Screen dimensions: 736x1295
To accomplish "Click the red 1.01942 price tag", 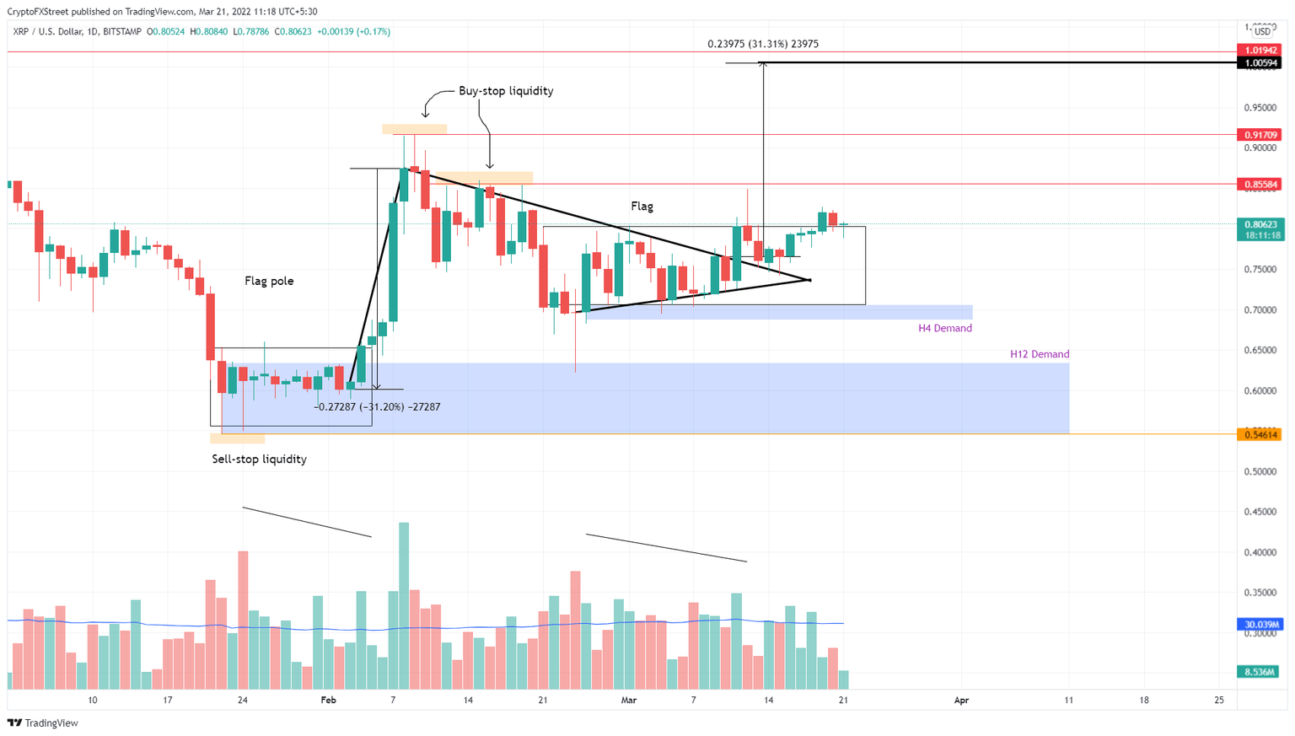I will tap(1259, 51).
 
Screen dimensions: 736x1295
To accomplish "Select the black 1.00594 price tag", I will tap(1259, 63).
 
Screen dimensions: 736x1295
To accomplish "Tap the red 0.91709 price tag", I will tap(1259, 135).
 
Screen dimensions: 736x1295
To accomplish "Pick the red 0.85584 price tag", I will tap(1259, 185).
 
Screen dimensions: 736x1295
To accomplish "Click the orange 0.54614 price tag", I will tap(1259, 435).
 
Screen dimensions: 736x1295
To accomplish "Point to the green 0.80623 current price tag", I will tap(1259, 225).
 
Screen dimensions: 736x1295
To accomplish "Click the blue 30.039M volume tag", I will tap(1259, 625).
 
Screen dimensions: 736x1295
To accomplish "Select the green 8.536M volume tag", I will tap(1259, 672).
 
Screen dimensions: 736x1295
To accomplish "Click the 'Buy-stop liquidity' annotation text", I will tap(506, 91).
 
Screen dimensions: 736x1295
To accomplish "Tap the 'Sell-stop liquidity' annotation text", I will tap(259, 459).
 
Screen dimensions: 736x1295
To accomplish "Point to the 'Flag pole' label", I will tap(269, 282).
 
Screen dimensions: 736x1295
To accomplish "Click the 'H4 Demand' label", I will tap(944, 329).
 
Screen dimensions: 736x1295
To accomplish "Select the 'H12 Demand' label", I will tap(1039, 355).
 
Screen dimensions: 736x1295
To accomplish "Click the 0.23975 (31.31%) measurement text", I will tap(762, 44).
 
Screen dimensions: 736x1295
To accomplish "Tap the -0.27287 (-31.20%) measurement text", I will tap(377, 407).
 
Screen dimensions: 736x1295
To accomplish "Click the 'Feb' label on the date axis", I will tap(328, 701).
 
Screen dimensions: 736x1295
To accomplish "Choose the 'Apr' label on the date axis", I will tap(961, 701).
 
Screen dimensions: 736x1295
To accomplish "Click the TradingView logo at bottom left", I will tap(43, 723).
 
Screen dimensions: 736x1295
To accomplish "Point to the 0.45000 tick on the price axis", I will tap(1259, 513).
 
